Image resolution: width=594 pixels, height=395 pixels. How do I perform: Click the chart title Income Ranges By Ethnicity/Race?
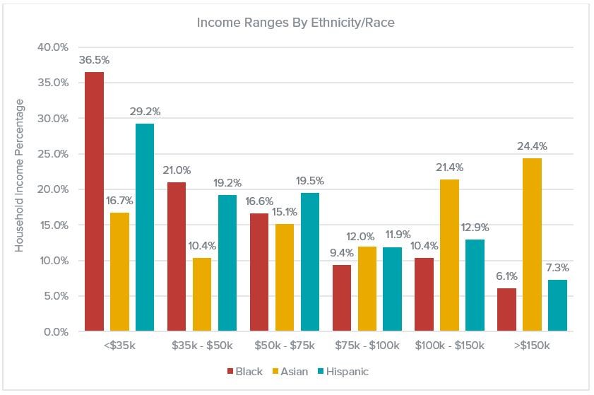pos(297,22)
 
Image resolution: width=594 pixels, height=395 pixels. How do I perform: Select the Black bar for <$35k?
pos(94,201)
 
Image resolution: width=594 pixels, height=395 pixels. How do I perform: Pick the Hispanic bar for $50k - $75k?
pos(309,261)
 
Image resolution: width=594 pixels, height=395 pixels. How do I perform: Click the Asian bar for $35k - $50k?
pos(201,294)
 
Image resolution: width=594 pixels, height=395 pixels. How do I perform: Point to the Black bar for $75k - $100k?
pos(342,297)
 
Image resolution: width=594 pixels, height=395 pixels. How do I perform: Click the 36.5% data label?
pos(94,60)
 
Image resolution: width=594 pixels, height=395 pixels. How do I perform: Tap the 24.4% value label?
pos(532,146)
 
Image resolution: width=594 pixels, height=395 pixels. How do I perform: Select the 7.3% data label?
pos(557,268)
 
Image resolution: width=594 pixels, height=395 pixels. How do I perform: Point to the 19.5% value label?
pos(309,181)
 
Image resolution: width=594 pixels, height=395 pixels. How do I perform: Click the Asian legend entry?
pos(291,371)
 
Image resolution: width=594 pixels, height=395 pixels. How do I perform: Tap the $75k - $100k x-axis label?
pos(367,346)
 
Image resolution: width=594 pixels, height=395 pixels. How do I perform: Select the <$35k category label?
pos(119,346)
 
